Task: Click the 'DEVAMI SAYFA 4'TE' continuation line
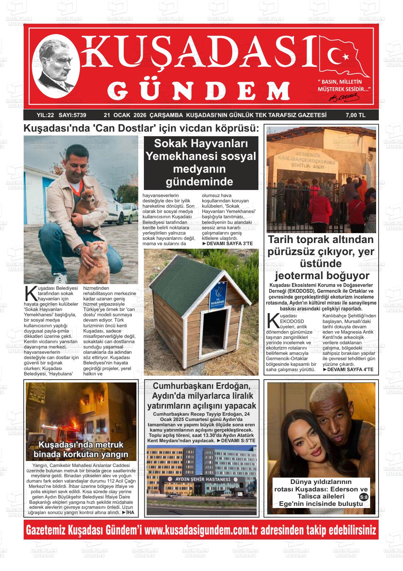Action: tap(348, 369)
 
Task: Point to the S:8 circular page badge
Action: tap(363, 497)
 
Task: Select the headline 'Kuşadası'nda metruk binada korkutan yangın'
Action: tap(81, 449)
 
